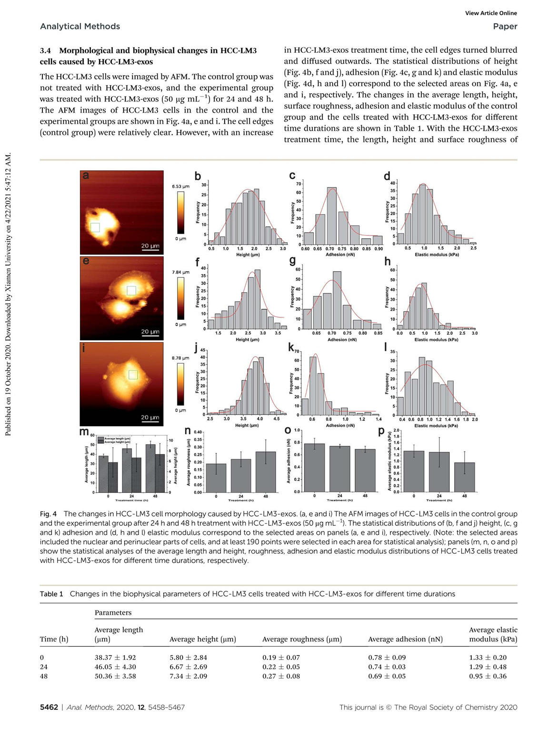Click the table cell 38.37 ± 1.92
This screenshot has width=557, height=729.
coord(115,658)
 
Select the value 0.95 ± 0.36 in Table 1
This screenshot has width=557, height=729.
coord(487,676)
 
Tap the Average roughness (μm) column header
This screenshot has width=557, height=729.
coord(302,639)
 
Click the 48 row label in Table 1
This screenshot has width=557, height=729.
coord(44,676)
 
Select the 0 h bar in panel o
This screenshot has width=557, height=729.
coord(314,468)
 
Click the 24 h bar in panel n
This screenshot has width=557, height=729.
coord(241,475)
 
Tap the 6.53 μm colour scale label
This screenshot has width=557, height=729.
coord(180,187)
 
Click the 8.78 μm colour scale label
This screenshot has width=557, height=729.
coord(180,358)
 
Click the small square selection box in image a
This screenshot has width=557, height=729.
coord(95,227)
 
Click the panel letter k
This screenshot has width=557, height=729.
coord(291,347)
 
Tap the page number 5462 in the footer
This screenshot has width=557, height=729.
coord(49,708)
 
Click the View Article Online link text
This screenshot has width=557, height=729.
coord(491,13)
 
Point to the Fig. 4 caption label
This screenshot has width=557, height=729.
coord(48,514)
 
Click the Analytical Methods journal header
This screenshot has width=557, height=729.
coord(80,27)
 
